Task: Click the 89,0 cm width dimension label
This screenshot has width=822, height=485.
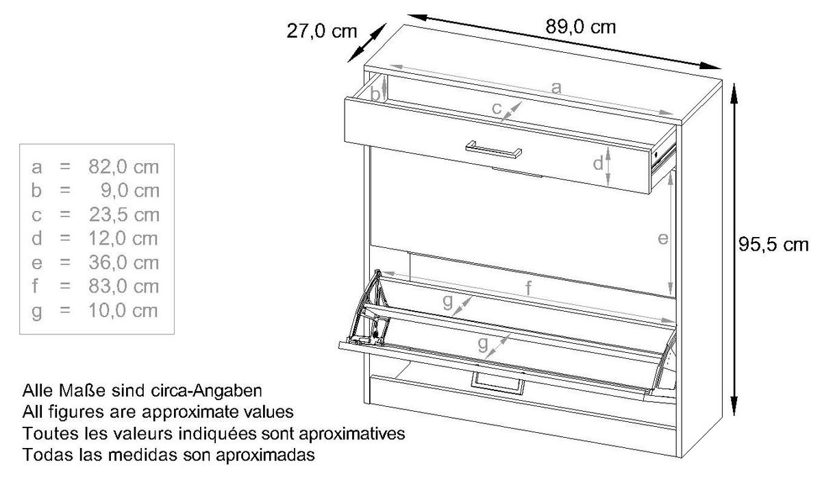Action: point(580,27)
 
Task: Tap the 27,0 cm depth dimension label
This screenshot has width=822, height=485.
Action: point(321,32)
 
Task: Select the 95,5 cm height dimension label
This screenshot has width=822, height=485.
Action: point(773,245)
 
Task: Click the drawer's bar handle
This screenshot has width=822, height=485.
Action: point(494,150)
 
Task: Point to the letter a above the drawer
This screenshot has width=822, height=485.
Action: point(556,88)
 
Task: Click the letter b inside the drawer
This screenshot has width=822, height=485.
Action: point(375,94)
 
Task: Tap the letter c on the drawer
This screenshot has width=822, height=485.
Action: point(497,108)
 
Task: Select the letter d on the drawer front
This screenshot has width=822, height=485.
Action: point(598,163)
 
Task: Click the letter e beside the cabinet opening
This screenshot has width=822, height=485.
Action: point(662,239)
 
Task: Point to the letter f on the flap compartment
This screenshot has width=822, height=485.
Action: point(528,288)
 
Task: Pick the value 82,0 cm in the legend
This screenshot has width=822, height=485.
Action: point(123,167)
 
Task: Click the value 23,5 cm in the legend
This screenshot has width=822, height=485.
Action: point(124,214)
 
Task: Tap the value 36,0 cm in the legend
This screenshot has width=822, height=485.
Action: point(123,262)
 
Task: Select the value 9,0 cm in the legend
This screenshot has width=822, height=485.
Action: point(130,190)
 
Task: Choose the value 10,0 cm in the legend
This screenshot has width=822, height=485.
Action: point(123,310)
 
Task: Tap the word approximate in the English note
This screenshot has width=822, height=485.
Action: point(190,412)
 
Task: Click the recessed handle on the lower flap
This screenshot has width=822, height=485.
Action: point(497,384)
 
